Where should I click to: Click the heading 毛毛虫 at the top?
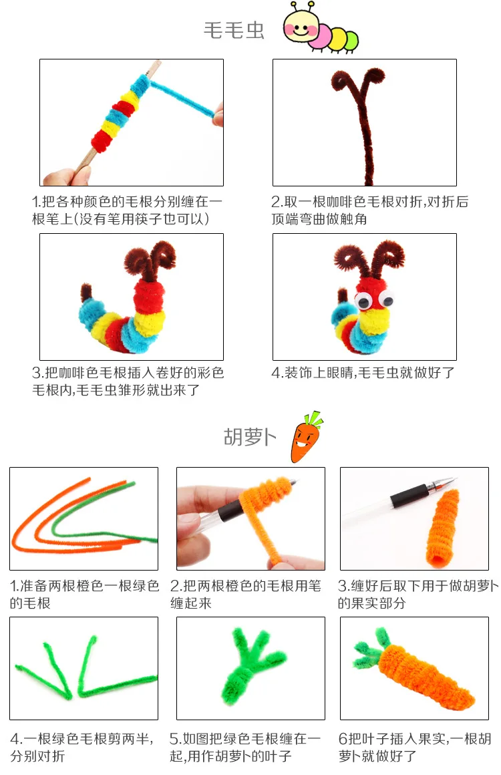point(234,31)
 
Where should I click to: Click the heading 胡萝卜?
point(249,438)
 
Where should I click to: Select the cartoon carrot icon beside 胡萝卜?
point(305,438)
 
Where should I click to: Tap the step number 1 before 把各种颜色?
point(36,202)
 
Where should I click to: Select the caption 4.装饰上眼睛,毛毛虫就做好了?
point(363,373)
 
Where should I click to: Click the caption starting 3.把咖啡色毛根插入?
point(128,381)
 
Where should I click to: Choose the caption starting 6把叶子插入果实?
point(414,747)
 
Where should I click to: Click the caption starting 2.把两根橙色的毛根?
point(246,594)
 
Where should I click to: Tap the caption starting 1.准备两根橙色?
point(84,594)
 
